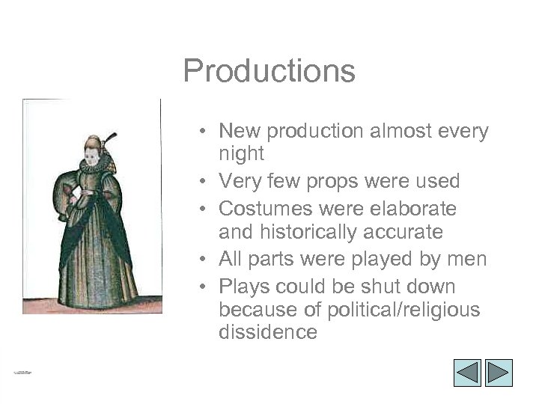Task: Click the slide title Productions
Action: [269, 72]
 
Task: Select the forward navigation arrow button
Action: [498, 373]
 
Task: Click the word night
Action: [241, 155]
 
